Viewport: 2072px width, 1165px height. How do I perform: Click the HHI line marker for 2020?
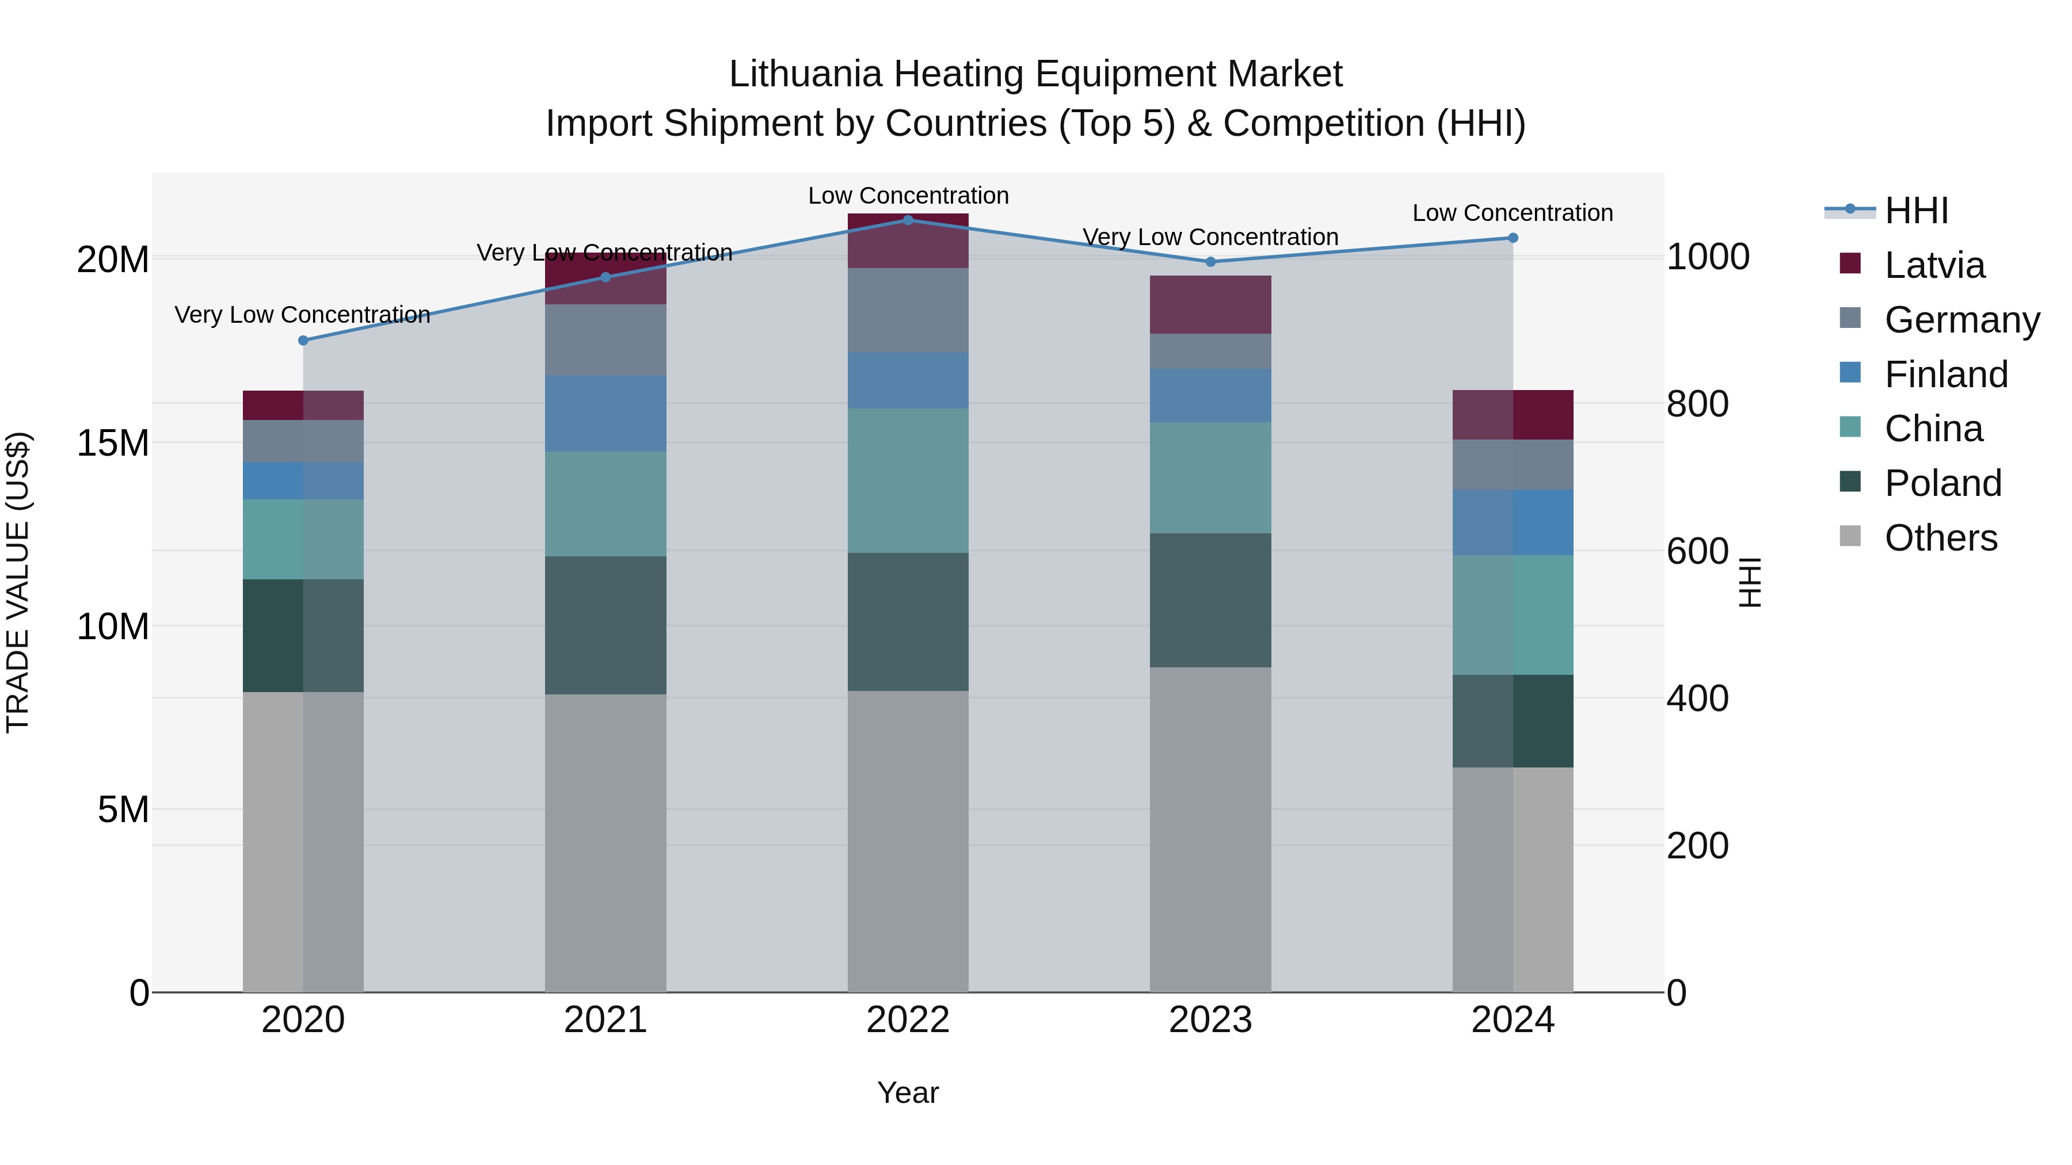[x=303, y=341]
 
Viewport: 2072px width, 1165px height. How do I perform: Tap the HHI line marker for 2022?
[x=908, y=220]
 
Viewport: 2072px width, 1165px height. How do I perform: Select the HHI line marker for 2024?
[x=1513, y=238]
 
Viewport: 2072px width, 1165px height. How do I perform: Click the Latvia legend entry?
[x=1934, y=265]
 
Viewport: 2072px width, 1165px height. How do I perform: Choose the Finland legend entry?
[x=1946, y=375]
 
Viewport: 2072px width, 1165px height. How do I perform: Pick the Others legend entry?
[x=1940, y=538]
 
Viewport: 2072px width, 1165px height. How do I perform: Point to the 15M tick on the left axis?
[x=113, y=444]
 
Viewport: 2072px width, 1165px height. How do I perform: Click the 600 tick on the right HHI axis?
[x=1697, y=552]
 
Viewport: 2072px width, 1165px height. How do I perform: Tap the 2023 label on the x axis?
[x=1210, y=1020]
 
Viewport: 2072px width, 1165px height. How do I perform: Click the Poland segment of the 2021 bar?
[x=605, y=625]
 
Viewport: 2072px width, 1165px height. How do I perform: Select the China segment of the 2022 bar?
[x=908, y=481]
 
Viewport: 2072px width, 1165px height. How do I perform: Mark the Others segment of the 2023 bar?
[x=1210, y=829]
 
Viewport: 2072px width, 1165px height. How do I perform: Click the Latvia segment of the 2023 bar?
[x=1210, y=305]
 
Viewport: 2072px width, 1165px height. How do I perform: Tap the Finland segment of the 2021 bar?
[x=605, y=413]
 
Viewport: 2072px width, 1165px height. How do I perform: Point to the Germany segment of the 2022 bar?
[x=908, y=310]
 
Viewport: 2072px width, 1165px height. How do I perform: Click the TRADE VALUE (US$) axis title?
[x=18, y=582]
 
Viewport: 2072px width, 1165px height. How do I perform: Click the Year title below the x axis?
[x=908, y=1093]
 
